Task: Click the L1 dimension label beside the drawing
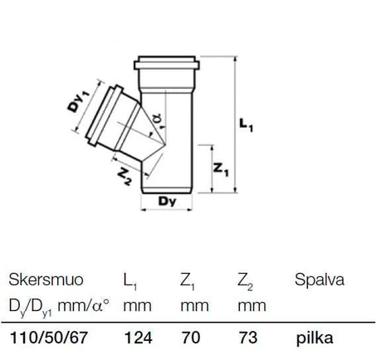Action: click(246, 125)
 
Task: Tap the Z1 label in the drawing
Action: click(221, 168)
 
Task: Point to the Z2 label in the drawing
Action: click(125, 177)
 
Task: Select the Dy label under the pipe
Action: click(167, 202)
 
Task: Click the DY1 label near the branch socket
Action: click(79, 102)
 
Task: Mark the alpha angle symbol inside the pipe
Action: click(157, 119)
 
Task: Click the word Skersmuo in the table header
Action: click(46, 280)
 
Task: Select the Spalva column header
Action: click(320, 280)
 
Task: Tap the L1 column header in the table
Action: click(130, 281)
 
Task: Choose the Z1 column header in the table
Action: click(188, 281)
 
